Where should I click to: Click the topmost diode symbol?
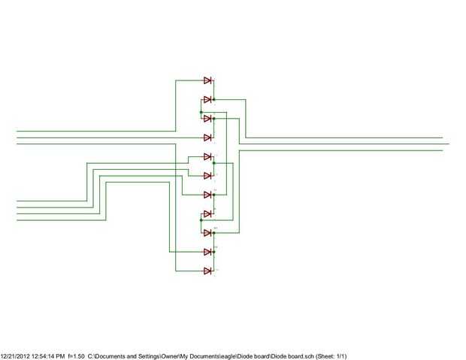(x=207, y=80)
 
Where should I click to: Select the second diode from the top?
(x=207, y=99)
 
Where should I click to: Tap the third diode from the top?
(x=207, y=119)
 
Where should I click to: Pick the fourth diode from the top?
(x=207, y=138)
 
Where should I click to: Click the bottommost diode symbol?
(x=207, y=271)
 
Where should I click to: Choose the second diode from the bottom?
(x=207, y=252)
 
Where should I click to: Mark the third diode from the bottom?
(x=207, y=233)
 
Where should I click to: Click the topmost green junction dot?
(x=214, y=99)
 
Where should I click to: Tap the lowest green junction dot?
(x=214, y=233)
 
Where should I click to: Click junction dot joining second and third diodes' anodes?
(x=201, y=112)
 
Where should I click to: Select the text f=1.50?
(x=76, y=355)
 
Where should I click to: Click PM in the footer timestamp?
(x=60, y=355)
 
